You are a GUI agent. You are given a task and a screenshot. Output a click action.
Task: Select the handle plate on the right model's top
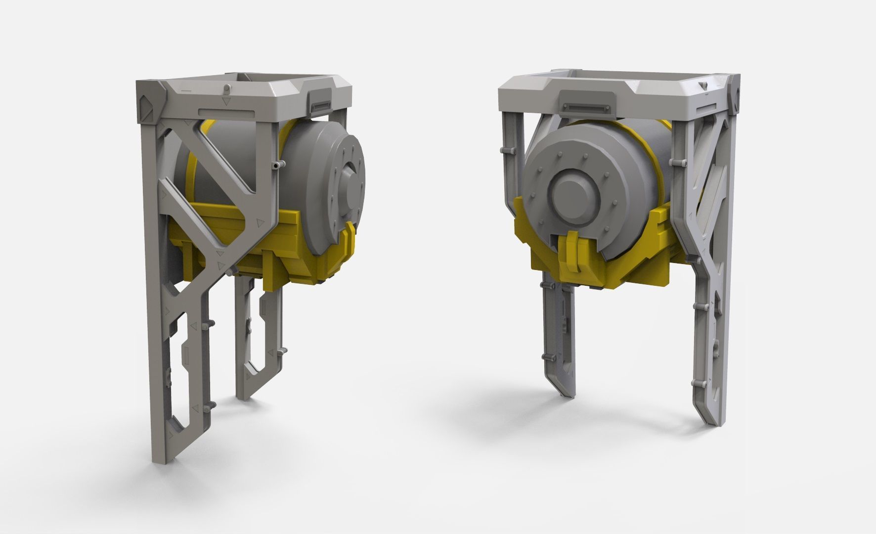586,105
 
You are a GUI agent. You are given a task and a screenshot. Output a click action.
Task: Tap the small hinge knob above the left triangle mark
226,89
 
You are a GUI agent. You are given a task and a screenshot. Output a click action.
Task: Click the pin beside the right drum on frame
676,162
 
